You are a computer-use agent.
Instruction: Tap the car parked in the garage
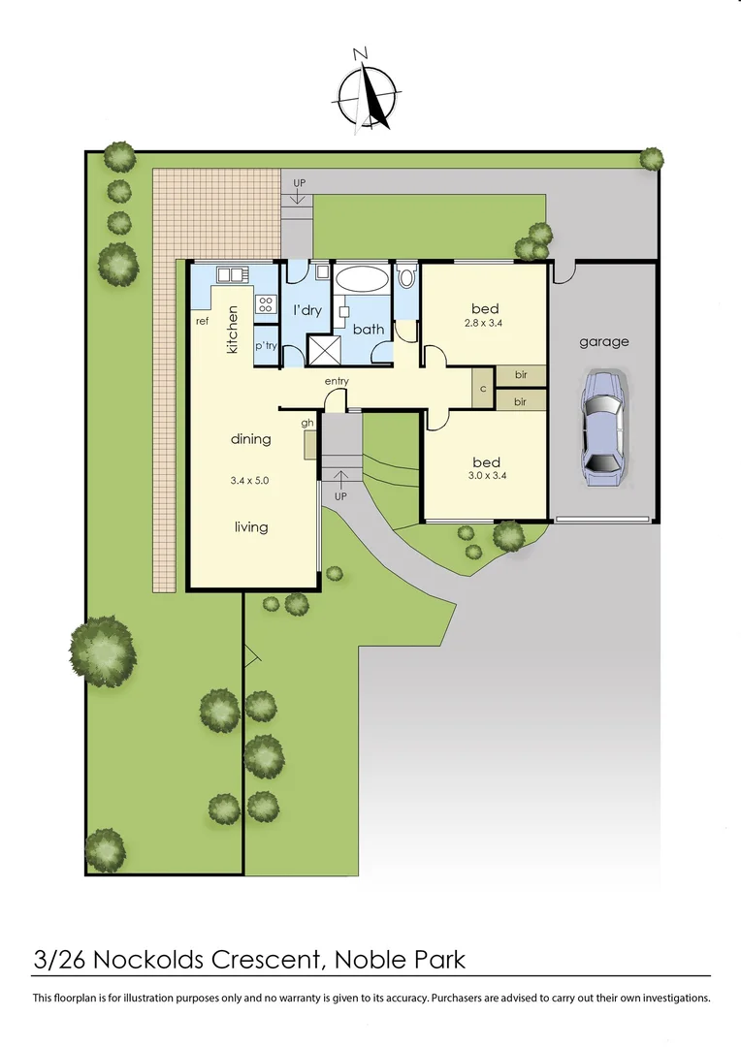[x=602, y=427]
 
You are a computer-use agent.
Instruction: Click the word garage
[x=604, y=341]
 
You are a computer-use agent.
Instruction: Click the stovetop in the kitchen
[x=266, y=304]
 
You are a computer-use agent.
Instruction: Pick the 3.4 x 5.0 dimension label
[x=250, y=479]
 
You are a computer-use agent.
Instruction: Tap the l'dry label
[x=307, y=310]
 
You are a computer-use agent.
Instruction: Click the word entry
[x=337, y=381]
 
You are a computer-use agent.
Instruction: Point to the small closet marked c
[x=483, y=388]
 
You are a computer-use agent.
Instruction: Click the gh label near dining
[x=308, y=423]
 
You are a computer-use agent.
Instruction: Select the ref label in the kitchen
[x=203, y=321]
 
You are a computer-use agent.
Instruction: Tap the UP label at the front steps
[x=339, y=495]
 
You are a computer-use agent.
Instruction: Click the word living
[x=250, y=527]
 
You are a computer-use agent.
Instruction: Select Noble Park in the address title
[x=400, y=960]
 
